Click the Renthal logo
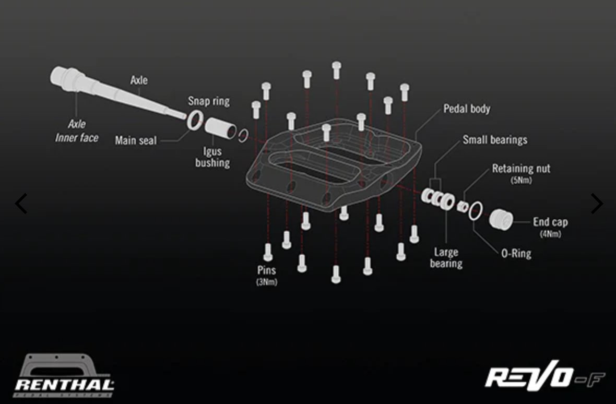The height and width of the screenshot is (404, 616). click(64, 376)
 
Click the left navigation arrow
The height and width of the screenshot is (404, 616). click(21, 204)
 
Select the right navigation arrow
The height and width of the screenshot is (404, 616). click(596, 204)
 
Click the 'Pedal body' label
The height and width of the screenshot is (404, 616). click(467, 109)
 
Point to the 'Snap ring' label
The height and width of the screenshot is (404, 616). click(208, 101)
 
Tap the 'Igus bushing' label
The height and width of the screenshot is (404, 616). click(212, 157)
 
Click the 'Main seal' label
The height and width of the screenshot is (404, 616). click(136, 140)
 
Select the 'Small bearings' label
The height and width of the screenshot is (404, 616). click(494, 140)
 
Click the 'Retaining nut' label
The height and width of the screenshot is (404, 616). click(520, 169)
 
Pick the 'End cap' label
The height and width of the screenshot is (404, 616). click(550, 222)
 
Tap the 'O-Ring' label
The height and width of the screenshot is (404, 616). click(516, 254)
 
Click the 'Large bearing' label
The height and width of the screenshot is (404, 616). click(446, 258)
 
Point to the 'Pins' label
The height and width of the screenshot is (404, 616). click(266, 270)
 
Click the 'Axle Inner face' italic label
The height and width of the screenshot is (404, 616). click(77, 131)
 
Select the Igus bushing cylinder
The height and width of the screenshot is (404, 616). click(220, 128)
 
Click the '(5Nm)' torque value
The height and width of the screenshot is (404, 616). click(520, 181)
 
